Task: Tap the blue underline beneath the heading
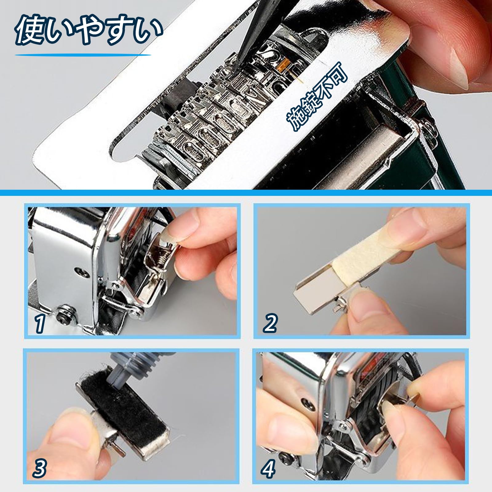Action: tap(83, 55)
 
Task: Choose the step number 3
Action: tap(40, 468)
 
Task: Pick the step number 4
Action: tap(268, 468)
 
